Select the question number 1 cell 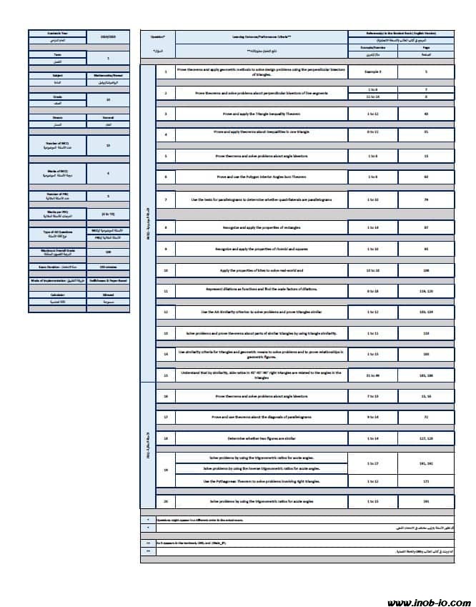(x=165, y=72)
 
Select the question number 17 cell (x=165, y=415)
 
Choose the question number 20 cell (x=165, y=501)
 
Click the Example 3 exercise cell (x=370, y=72)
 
